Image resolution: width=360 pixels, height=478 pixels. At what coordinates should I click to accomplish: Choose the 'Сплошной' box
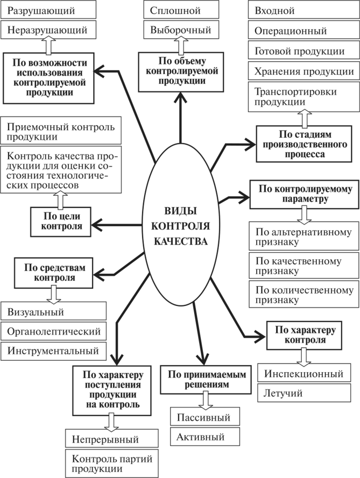(180, 10)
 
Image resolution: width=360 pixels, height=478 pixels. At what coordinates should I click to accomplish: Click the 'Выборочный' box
(180, 30)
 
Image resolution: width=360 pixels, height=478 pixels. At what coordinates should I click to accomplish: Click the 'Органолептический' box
(54, 331)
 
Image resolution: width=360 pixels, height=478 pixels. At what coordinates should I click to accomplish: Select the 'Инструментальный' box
(54, 351)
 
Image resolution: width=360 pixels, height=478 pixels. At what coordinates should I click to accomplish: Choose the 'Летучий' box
(305, 393)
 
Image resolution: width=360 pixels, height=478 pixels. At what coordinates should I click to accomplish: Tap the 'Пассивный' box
(205, 417)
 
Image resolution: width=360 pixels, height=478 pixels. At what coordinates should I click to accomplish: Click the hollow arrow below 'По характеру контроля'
(304, 355)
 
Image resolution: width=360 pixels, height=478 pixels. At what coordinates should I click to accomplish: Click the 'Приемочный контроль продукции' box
(62, 131)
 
